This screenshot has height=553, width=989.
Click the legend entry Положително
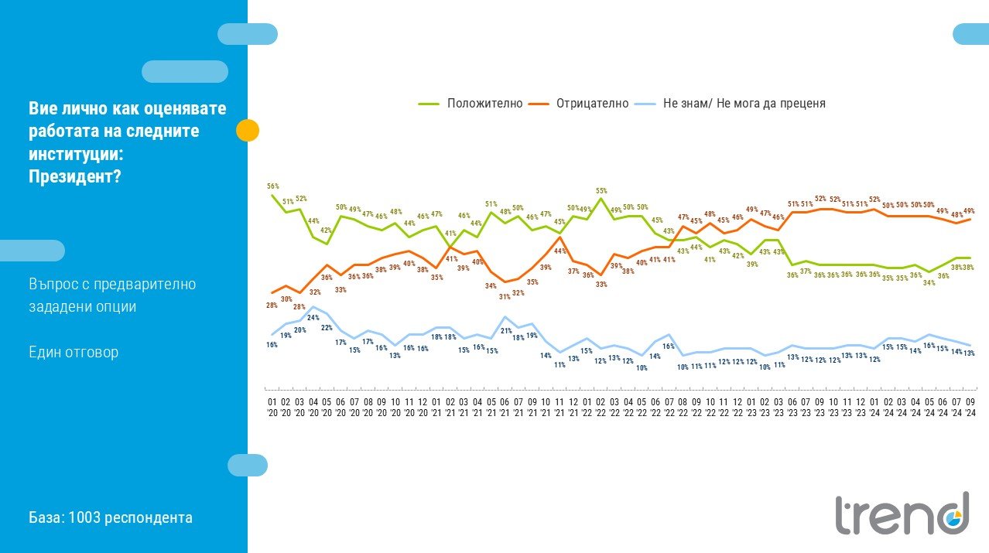tap(471, 104)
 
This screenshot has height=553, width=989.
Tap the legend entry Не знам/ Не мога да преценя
tap(730, 104)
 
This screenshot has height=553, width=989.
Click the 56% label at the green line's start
tap(273, 186)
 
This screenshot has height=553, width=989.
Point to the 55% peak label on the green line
tap(601, 191)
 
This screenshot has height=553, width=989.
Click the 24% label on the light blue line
tap(313, 318)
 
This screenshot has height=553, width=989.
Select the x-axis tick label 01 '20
tap(272, 408)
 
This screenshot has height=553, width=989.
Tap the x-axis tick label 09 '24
tap(970, 408)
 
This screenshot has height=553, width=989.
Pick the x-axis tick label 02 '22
tap(601, 408)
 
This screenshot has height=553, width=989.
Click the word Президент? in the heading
tap(74, 176)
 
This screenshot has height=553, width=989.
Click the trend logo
tap(902, 514)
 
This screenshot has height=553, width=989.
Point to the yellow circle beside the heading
tap(248, 131)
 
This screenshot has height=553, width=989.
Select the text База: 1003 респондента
tap(111, 517)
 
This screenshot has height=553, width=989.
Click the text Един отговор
tap(74, 352)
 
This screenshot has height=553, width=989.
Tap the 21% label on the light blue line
tap(506, 330)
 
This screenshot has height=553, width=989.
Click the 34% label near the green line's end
tap(929, 283)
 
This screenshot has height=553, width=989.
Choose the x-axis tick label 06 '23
tap(792, 408)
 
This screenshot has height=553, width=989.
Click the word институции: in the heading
tap(76, 154)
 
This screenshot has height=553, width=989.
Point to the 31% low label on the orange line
tap(505, 297)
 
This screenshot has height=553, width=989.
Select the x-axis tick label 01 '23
tap(751, 408)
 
